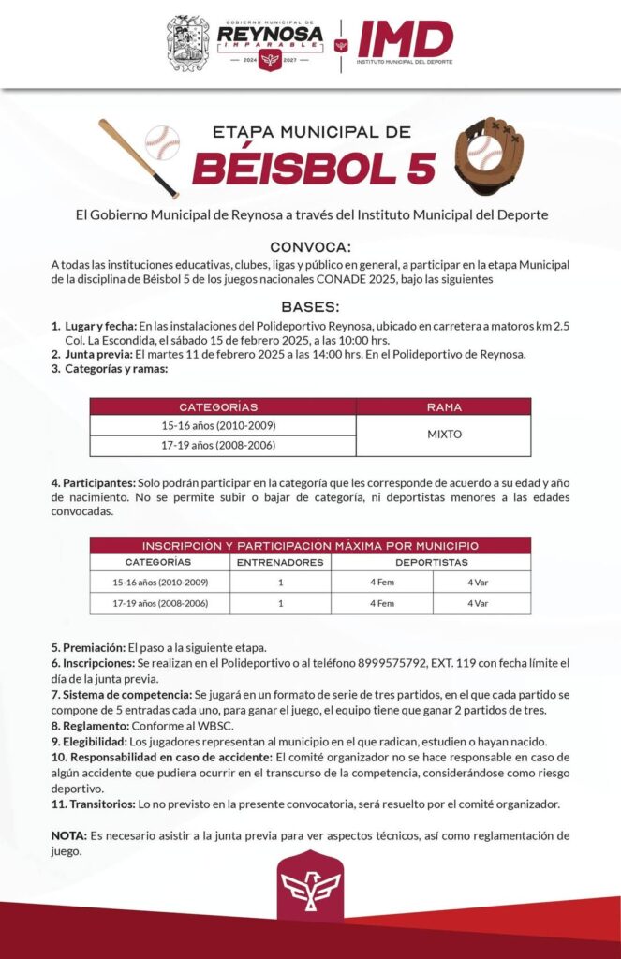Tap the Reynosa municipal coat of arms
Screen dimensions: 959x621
[x=187, y=43]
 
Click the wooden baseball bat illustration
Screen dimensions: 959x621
[x=137, y=156]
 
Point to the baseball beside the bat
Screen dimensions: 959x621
[x=162, y=141]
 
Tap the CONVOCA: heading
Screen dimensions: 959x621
[x=310, y=247]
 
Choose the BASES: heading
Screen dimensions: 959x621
[x=310, y=307]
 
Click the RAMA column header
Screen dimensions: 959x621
[x=443, y=406]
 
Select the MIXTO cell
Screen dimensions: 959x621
[x=443, y=435]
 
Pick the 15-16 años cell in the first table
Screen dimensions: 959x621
[x=218, y=425]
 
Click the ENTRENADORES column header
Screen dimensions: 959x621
[x=280, y=562]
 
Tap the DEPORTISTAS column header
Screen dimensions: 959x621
[x=431, y=562]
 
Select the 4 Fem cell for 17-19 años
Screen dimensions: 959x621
[x=381, y=603]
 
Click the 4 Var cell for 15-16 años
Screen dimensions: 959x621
[x=478, y=583]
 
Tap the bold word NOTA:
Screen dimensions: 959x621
[x=69, y=834]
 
